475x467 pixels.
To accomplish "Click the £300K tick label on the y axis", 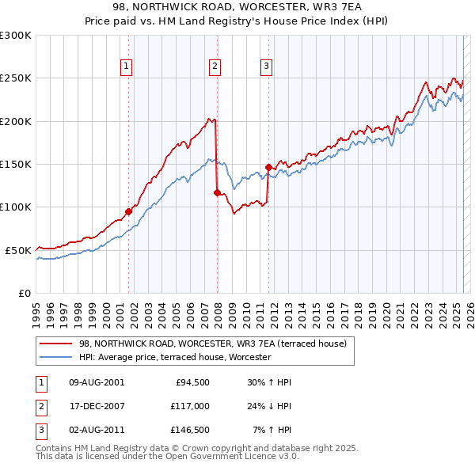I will click(x=16, y=36).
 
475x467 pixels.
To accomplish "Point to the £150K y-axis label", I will click(x=16, y=165).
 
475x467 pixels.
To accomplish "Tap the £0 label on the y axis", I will click(x=25, y=293).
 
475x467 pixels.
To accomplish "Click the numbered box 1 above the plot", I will click(x=127, y=66).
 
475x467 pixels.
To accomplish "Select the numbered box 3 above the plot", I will click(x=267, y=66).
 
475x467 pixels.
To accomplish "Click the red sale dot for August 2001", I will click(x=128, y=211).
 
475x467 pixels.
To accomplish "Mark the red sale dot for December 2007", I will click(x=217, y=192).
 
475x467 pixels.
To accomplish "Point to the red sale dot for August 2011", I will click(x=268, y=167).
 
